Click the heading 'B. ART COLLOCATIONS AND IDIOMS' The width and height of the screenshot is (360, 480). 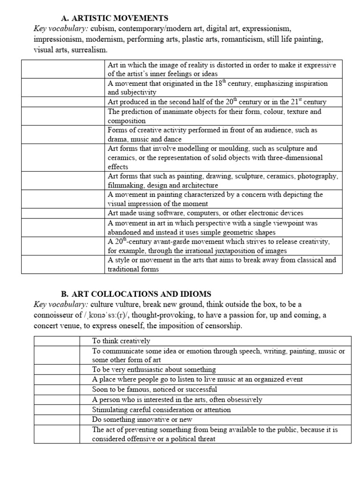point(136,294)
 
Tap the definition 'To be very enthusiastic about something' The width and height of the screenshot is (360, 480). point(154,369)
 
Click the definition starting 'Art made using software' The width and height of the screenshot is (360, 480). point(205,213)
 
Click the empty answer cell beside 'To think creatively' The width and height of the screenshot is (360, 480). point(56,341)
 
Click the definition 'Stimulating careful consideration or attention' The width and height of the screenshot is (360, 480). point(161,409)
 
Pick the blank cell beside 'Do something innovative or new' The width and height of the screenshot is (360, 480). point(56,419)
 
